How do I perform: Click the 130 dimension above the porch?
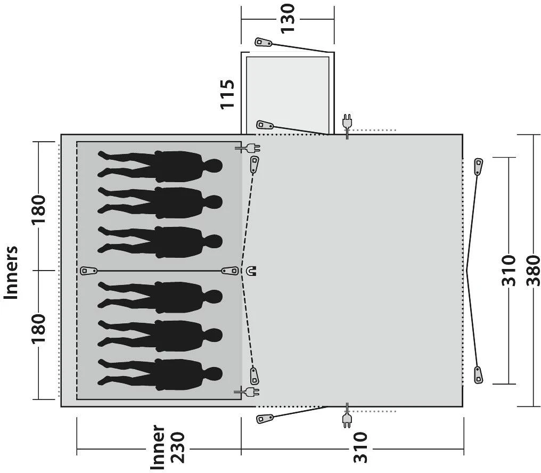tap(287, 18)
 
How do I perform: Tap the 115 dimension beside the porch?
tap(227, 94)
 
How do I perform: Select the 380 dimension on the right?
tap(533, 271)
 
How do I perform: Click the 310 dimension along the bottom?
tap(360, 447)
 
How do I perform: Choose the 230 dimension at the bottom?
tap(179, 447)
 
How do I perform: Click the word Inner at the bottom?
tap(158, 447)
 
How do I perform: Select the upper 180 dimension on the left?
tap(39, 210)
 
